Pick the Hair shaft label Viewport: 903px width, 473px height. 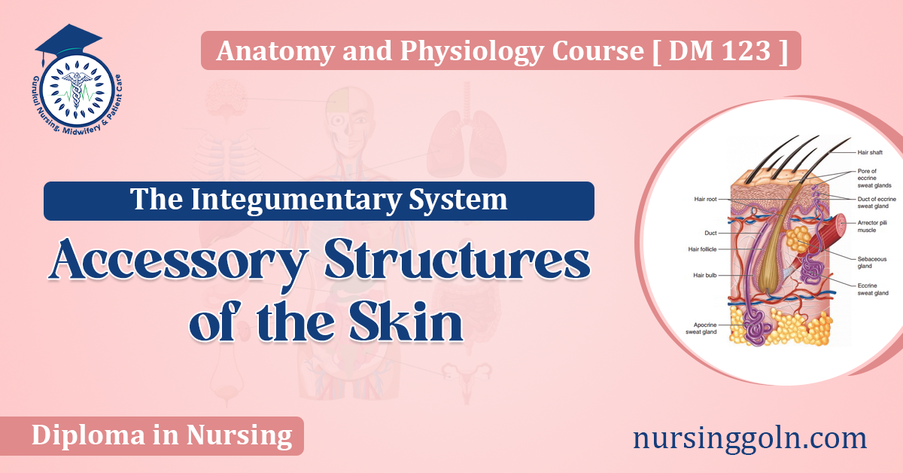tap(869, 152)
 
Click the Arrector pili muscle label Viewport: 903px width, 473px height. tap(871, 227)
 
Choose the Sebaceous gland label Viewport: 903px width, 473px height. tap(872, 262)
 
